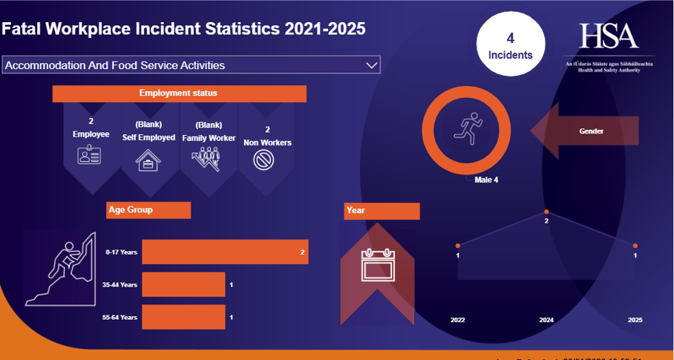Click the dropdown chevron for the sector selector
pos(372,65)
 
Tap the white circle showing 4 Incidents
pos(510,46)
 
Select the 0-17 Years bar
pos(224,252)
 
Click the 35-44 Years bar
pos(183,284)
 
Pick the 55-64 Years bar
pos(183,317)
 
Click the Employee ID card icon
pos(89,155)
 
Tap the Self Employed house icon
pos(148,160)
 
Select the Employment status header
pos(179,94)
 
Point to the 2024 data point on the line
pos(546,212)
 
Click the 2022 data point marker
pos(458,246)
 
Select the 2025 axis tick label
pos(634,320)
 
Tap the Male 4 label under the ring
pos(486,180)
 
